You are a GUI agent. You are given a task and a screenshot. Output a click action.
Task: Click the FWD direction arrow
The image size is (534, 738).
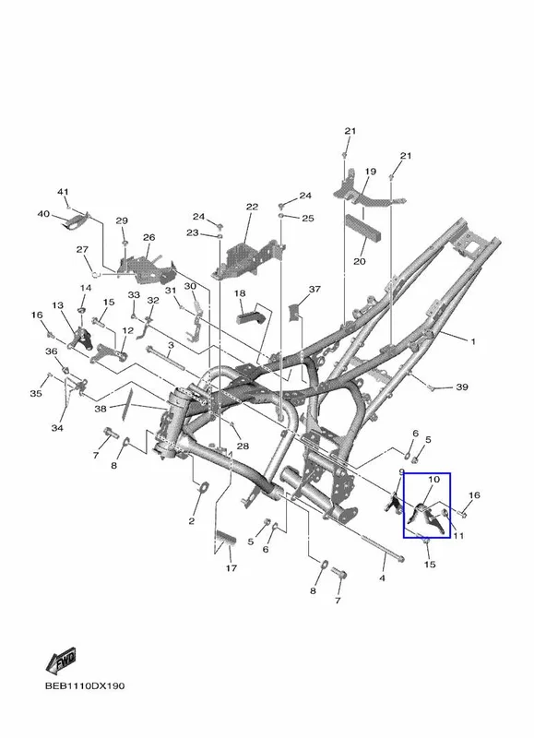tap(61, 661)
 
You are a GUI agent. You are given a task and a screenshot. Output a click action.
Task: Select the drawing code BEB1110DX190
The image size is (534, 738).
tap(85, 686)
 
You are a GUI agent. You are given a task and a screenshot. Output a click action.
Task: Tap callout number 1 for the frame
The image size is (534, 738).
tap(473, 341)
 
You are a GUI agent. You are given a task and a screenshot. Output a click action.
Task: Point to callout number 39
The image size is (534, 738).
tap(462, 387)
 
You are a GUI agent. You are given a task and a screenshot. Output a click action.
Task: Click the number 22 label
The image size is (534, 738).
tap(252, 207)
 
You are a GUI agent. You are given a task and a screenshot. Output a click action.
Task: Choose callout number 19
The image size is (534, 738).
tap(370, 172)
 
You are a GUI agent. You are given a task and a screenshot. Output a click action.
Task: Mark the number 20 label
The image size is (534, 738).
tap(360, 261)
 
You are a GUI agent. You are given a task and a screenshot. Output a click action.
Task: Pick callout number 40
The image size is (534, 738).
tap(43, 214)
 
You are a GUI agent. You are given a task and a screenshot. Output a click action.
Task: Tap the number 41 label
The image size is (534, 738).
tap(63, 192)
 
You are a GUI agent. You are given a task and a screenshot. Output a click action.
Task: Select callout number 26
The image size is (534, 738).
tap(149, 237)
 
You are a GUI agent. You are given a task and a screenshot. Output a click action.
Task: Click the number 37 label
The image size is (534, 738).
tap(314, 289)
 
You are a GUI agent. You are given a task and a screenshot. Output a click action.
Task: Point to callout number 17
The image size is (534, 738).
tap(231, 568)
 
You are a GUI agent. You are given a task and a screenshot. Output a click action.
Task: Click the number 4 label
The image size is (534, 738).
tap(382, 577)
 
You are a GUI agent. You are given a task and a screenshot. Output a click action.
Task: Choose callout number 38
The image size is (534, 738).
tap(101, 409)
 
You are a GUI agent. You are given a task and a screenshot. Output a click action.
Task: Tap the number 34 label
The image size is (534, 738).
tap(57, 428)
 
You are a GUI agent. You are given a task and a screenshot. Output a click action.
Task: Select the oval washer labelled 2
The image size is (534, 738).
tap(203, 487)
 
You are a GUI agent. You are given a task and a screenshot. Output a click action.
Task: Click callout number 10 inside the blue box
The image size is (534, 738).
tap(433, 479)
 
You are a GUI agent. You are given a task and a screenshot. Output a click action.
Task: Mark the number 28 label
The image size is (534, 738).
tap(243, 446)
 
